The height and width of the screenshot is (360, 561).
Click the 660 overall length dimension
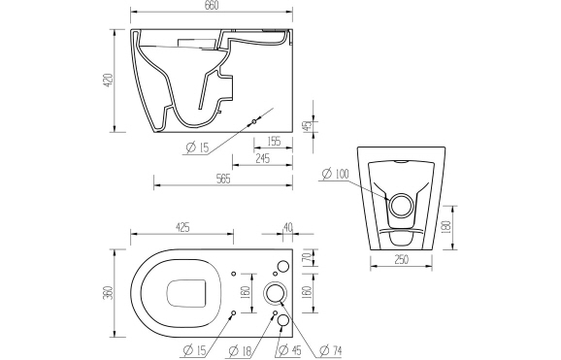[213, 7]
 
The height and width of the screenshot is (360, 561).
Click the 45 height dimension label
[308, 125]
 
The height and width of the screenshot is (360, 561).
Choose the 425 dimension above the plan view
[181, 228]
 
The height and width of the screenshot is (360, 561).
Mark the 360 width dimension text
[110, 291]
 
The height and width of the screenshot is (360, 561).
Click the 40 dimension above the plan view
[287, 228]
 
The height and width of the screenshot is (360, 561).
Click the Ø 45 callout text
[288, 349]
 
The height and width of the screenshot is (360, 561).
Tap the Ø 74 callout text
[336, 349]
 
